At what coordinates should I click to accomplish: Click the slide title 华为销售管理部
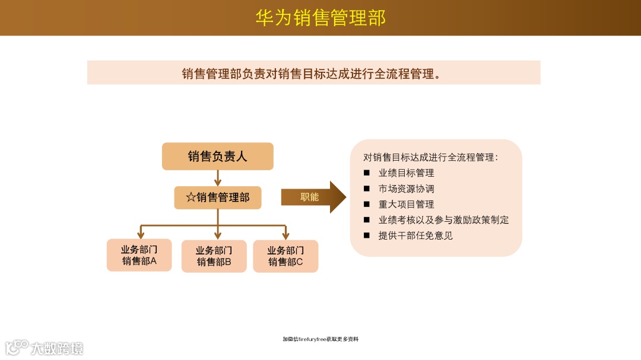tap(320, 18)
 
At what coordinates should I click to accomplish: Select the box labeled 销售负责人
tap(217, 157)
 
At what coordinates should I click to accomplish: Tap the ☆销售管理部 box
tap(218, 197)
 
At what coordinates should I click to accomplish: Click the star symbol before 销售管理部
tap(191, 197)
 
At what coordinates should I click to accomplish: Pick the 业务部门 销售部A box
tap(139, 255)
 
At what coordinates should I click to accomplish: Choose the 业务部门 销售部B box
tap(214, 256)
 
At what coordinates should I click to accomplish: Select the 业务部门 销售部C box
tap(285, 256)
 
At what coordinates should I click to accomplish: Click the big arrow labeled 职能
tap(313, 197)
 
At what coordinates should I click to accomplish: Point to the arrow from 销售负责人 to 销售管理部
tap(218, 178)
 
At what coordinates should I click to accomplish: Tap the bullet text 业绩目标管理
tap(407, 173)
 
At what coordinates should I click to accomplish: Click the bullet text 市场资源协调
tap(407, 189)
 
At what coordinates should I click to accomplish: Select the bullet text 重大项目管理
tap(407, 204)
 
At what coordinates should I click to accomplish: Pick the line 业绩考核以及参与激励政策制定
tap(443, 219)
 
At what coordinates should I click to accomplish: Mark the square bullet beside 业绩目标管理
tap(367, 173)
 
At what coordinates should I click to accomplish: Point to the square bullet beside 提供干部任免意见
tap(367, 235)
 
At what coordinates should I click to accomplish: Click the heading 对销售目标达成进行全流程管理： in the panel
tap(430, 158)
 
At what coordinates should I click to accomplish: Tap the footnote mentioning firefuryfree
tap(320, 339)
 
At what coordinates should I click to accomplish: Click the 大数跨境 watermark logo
tap(44, 347)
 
